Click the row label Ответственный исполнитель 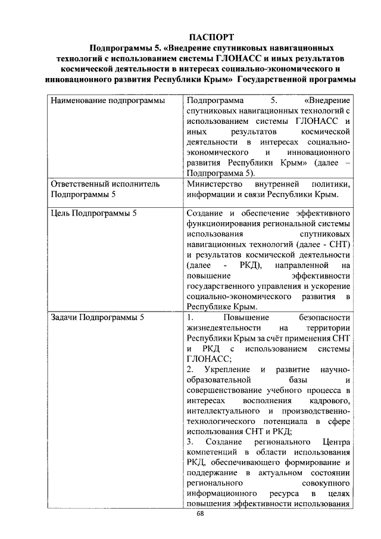click(105, 184)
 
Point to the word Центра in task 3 click(329, 442)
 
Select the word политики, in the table click(329, 184)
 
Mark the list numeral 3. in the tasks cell click(190, 442)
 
